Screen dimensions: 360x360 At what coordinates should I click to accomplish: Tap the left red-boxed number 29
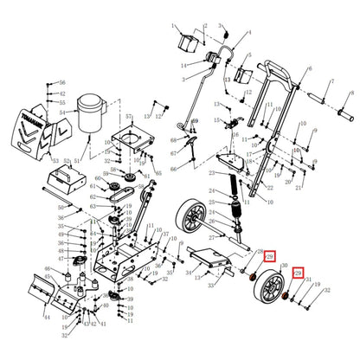269,257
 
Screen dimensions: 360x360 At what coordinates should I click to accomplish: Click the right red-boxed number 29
299,273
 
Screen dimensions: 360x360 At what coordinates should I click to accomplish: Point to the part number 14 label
183,66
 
